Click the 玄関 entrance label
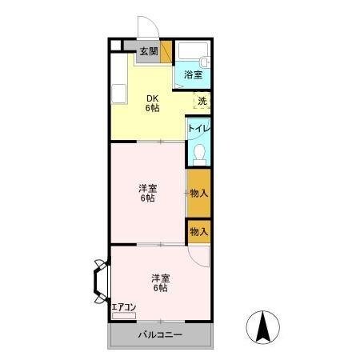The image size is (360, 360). click(x=149, y=51)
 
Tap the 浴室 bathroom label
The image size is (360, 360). click(x=193, y=74)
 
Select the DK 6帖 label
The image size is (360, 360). click(x=152, y=103)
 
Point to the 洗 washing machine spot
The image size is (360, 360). click(x=202, y=101)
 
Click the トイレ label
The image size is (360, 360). click(x=199, y=129)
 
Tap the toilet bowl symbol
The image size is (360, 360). click(x=200, y=155)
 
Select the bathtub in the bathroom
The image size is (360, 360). click(x=193, y=50)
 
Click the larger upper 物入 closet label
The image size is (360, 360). click(x=199, y=193)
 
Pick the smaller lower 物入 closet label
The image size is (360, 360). click(x=199, y=232)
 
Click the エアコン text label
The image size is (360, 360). click(x=124, y=307)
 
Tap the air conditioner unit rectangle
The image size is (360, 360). click(x=124, y=316)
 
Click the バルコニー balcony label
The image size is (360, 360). click(x=160, y=334)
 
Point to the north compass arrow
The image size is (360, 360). click(x=263, y=327)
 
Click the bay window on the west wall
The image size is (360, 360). click(x=102, y=281)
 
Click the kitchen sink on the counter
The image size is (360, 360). click(x=118, y=94)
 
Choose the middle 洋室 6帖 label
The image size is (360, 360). click(x=147, y=194)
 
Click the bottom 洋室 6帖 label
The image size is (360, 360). click(x=161, y=283)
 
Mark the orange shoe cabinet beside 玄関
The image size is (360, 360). click(x=166, y=52)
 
